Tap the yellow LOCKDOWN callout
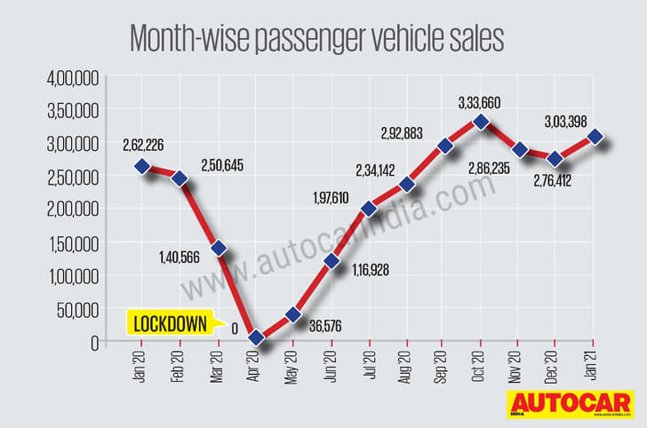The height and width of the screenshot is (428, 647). coord(172,323)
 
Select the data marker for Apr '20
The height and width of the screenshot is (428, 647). coord(256,337)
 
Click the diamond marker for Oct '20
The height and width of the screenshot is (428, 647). coord(482,123)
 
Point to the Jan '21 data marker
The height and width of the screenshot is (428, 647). coord(595,137)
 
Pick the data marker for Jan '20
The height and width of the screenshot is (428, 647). coord(142,166)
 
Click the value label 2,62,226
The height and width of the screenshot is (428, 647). coord(143,142)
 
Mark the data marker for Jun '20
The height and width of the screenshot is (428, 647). coord(331,261)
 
